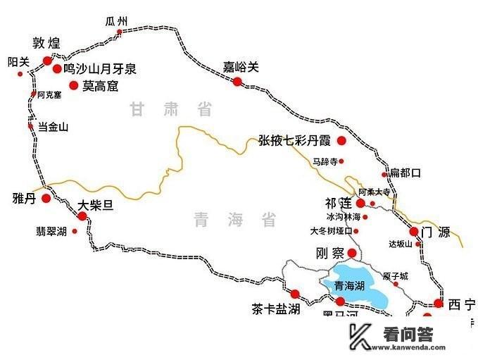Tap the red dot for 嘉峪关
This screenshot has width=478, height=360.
[x=237, y=82]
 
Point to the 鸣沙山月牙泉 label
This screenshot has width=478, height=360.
[x=100, y=69]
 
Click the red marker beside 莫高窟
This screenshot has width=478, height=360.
[x=73, y=85]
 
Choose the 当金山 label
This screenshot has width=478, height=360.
[x=53, y=127]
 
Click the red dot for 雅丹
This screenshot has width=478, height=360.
[x=46, y=198]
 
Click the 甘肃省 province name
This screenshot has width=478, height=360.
[x=171, y=109]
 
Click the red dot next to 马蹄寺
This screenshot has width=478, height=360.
[x=341, y=161]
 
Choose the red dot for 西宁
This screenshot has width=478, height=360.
[x=438, y=304]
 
